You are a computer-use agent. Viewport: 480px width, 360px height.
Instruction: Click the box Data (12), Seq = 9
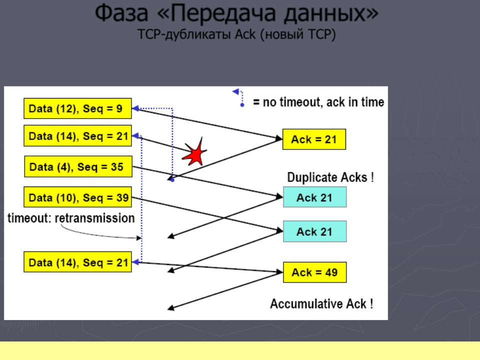[x=78, y=108]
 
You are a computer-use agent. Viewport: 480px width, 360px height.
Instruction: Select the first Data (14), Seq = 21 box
[x=78, y=135]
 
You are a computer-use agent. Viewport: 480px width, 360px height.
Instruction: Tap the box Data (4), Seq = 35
[x=78, y=166]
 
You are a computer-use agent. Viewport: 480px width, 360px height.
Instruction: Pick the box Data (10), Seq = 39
[x=78, y=197]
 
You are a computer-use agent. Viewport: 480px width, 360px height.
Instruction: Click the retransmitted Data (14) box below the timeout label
[x=78, y=262]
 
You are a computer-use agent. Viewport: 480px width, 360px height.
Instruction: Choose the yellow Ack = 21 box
[x=314, y=139]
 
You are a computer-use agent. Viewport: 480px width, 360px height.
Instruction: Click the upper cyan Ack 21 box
[x=314, y=197]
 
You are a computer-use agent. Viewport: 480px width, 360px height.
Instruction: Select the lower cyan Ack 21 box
[x=314, y=231]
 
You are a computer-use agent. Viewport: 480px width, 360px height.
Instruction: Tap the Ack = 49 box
[x=314, y=272]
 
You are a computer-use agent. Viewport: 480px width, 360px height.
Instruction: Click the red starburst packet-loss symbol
[x=194, y=153]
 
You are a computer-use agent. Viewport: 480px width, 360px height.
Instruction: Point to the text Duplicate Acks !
[x=330, y=177]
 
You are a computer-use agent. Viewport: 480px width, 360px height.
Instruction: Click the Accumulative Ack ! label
[x=321, y=303]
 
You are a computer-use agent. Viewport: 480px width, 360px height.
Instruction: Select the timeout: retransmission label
[x=71, y=218]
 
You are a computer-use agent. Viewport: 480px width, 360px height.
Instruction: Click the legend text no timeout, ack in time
[x=323, y=102]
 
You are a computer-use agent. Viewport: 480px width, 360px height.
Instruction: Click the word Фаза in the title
[x=122, y=13]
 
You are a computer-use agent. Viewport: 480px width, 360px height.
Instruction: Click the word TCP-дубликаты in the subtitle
[x=184, y=34]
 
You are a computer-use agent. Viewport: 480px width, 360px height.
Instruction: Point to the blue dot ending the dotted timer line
[x=172, y=179]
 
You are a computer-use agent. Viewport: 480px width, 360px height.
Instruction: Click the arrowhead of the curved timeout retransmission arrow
[x=139, y=238]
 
